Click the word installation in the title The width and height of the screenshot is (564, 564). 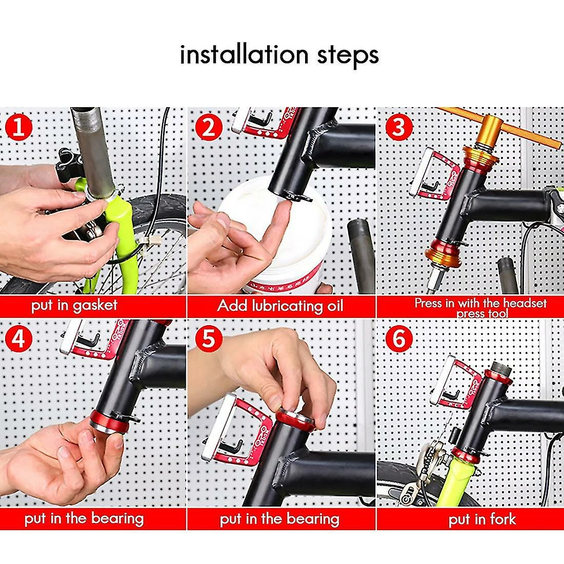point(244,55)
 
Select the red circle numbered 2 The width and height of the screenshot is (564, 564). point(208,128)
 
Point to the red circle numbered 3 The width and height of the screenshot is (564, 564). point(398,128)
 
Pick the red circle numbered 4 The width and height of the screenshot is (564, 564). point(18,339)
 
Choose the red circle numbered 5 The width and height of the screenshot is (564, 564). point(208,339)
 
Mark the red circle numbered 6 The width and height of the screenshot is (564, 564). point(398,339)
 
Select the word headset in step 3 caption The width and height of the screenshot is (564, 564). point(525,303)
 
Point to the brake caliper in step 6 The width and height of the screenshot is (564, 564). point(430,468)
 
